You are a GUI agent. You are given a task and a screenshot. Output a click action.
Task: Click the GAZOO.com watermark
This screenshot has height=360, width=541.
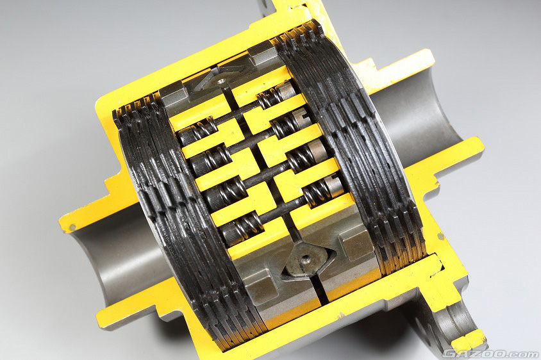(490, 354)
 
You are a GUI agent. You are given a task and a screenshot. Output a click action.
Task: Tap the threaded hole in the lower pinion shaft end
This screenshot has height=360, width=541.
(306, 258)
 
